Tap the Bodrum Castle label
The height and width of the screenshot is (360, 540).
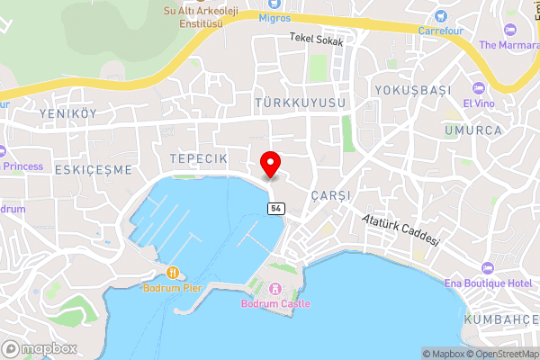(x=275, y=303)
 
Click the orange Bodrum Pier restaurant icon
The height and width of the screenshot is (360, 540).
(x=172, y=273)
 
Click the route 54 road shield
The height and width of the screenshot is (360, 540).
(x=276, y=208)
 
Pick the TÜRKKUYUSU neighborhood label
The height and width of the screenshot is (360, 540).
(x=300, y=104)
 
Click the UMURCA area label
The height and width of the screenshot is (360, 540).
(x=472, y=130)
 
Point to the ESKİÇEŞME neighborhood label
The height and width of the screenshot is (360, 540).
(x=93, y=169)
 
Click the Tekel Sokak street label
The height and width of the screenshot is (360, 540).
(x=316, y=40)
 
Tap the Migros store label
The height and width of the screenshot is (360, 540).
(x=274, y=17)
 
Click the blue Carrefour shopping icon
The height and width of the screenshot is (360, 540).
(x=440, y=15)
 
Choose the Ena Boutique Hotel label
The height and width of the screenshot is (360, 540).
(x=488, y=284)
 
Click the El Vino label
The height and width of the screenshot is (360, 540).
(x=479, y=103)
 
